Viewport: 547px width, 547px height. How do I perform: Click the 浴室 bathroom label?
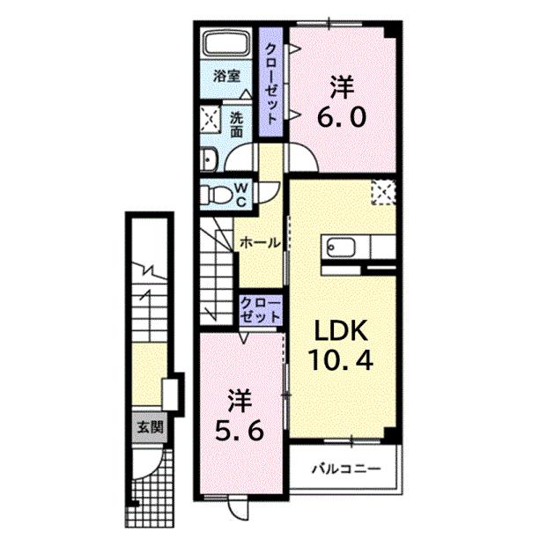click(226, 77)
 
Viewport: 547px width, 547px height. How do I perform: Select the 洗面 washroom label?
click(238, 123)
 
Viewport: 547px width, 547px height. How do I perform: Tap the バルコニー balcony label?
click(344, 468)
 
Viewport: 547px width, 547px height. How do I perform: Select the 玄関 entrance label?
click(149, 428)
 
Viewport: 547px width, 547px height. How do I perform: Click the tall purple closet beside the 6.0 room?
click(272, 84)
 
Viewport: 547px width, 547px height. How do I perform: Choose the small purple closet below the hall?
click(261, 308)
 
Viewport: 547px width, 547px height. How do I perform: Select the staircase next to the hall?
click(216, 269)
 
